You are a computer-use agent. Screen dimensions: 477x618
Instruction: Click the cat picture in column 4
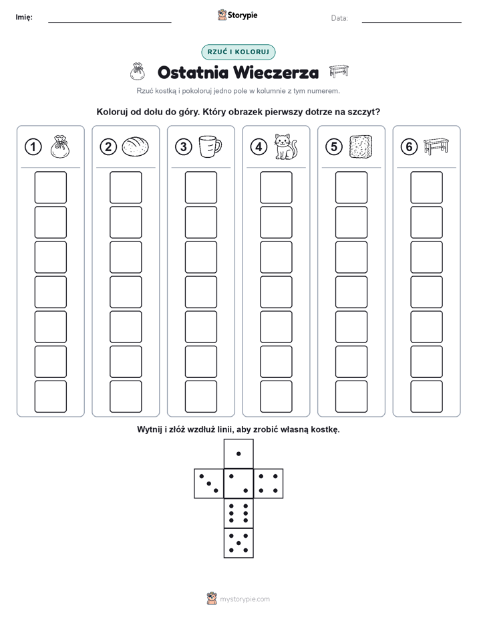286,146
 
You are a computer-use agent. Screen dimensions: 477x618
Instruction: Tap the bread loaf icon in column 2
136,146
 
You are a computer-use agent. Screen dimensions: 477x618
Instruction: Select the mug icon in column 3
210,146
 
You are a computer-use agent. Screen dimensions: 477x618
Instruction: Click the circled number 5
334,147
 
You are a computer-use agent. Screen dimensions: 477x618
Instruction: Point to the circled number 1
33,147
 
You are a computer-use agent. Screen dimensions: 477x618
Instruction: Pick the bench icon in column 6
436,146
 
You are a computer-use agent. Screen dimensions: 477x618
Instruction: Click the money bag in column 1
60,146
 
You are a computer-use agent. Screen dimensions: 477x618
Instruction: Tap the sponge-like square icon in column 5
361,147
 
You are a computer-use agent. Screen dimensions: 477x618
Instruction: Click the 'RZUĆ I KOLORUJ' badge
238,52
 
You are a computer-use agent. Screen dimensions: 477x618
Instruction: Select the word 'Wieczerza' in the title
276,72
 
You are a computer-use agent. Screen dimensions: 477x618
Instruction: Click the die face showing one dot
238,453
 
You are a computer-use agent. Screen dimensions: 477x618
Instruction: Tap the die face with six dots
238,513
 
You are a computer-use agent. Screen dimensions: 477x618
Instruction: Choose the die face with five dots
238,542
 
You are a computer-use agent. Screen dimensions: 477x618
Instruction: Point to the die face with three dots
209,483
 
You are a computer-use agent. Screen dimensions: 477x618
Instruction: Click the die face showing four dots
269,483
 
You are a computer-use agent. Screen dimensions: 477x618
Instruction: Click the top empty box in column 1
51,187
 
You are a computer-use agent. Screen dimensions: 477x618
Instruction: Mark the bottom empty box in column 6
427,397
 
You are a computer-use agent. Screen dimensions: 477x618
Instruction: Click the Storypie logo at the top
238,15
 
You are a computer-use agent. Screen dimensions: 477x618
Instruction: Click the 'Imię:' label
24,17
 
